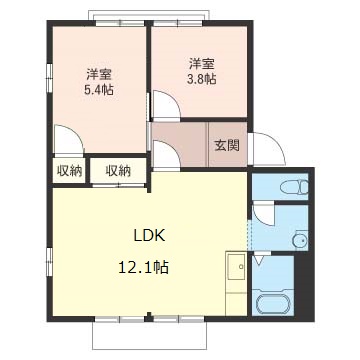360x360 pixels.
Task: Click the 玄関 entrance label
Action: [x=227, y=145]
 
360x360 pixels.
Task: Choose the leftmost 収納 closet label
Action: [x=68, y=171]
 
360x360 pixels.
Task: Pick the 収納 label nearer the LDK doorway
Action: [x=118, y=171]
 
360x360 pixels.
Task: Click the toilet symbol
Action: [x=291, y=187]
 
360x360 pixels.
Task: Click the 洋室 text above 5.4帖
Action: [x=97, y=74]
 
